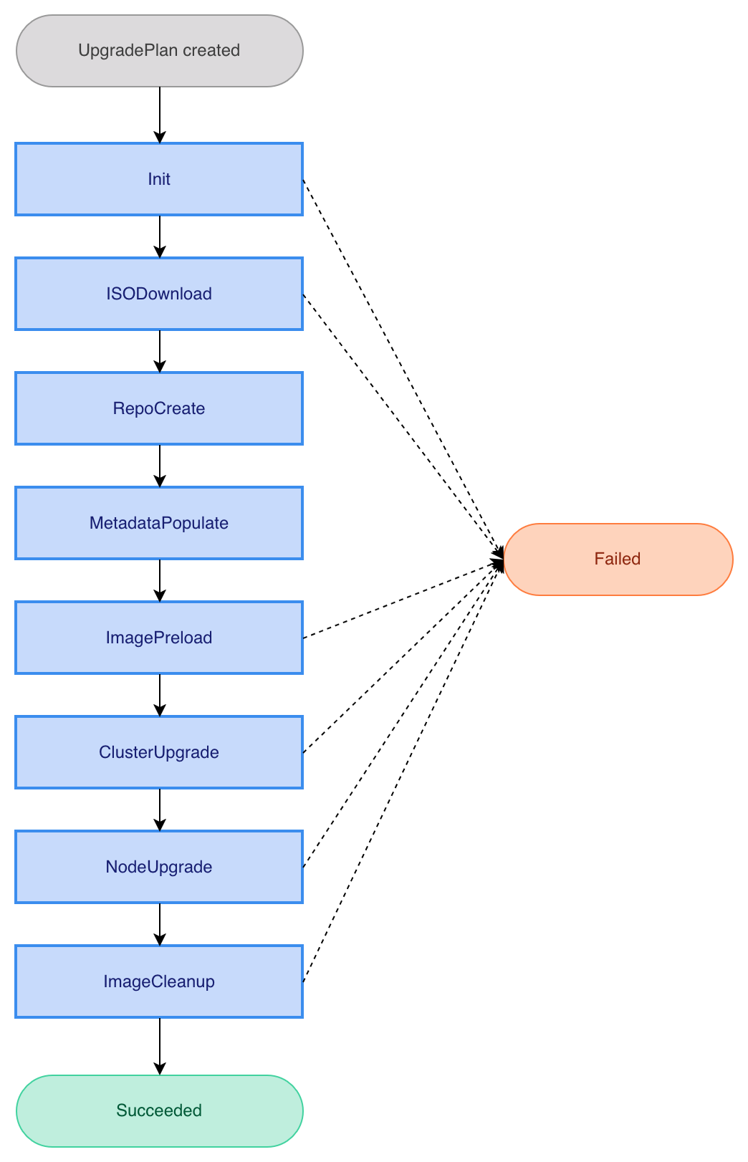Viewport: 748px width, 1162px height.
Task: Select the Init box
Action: [159, 179]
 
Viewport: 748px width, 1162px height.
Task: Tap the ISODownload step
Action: [159, 294]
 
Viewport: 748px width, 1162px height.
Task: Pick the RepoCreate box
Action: [159, 408]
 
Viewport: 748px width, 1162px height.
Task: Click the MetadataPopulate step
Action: [159, 523]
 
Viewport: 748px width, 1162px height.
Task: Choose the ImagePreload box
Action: [159, 638]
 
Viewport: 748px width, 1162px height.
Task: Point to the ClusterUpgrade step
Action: [159, 752]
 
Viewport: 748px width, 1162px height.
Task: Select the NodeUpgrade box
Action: [159, 867]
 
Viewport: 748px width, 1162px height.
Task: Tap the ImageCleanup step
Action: [159, 981]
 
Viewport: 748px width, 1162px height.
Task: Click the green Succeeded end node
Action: [159, 1110]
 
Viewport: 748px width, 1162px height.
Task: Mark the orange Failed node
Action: [618, 559]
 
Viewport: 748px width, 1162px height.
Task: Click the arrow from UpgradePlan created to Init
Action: [160, 115]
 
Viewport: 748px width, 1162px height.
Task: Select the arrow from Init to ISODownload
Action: [160, 236]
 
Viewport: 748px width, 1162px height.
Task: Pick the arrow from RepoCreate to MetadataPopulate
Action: [160, 466]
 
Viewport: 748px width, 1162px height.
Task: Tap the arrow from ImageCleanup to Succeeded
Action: [160, 1046]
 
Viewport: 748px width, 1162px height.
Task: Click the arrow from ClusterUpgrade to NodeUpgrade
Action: [160, 810]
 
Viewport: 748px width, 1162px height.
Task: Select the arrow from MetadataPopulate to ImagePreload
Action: [160, 580]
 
